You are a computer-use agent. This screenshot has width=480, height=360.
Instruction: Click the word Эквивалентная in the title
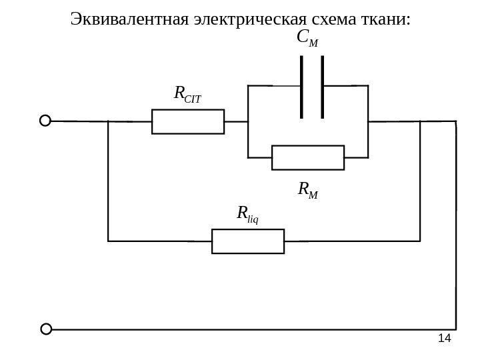pos(129,18)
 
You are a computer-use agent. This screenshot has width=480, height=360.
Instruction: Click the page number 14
pos(444,339)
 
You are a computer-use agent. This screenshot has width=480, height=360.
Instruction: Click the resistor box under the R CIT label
pos(188,121)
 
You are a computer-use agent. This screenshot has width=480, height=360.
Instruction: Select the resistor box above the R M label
pos(308,158)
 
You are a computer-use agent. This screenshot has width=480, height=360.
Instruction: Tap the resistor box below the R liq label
pos(248,241)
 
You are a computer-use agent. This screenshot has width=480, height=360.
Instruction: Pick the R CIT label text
pos(187,94)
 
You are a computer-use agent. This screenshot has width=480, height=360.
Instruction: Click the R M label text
pos(307,191)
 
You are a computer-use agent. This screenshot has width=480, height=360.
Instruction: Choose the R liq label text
pos(247,214)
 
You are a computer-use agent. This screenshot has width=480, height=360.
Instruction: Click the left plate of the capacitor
pos(302,87)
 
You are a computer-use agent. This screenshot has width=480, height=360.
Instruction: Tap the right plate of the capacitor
pos(323,87)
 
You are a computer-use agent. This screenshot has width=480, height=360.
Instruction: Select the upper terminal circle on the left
pos(45,121)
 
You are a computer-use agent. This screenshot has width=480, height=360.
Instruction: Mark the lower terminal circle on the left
pos(46,329)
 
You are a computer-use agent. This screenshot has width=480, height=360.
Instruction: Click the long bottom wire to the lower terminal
pos(253,329)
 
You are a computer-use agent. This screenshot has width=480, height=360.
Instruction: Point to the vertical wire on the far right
pos(456,227)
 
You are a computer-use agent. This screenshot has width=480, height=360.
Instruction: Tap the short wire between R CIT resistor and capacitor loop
pos(235,122)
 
